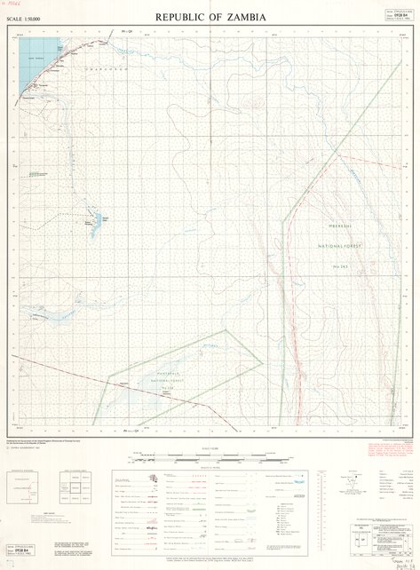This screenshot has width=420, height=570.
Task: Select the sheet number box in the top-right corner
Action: [x=396, y=16]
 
